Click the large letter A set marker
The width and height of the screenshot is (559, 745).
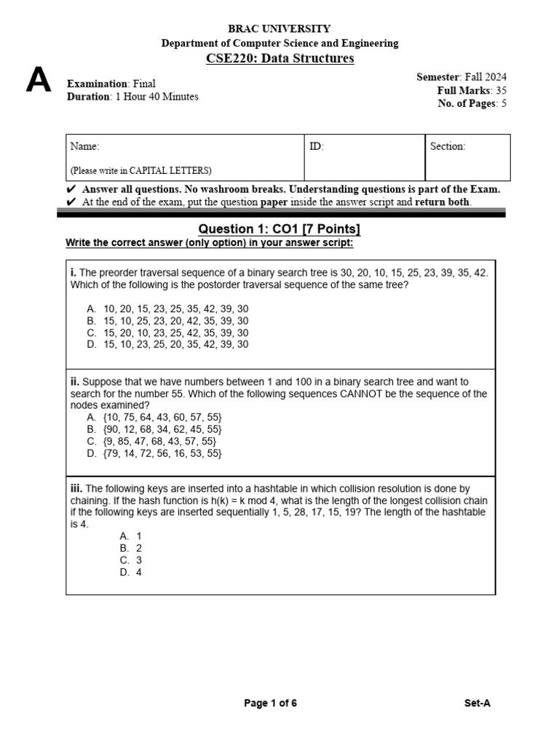(39, 81)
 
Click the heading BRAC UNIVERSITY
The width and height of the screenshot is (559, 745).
(279, 29)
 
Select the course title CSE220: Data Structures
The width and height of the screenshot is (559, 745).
(279, 58)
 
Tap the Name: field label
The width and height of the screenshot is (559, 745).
(84, 146)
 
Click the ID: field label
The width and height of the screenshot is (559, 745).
(317, 146)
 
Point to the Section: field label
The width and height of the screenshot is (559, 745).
(448, 146)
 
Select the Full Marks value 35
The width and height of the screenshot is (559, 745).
(501, 90)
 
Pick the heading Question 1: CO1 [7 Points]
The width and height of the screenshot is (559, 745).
(279, 229)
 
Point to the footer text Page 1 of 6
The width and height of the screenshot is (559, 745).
(270, 703)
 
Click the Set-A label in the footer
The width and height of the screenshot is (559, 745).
(477, 703)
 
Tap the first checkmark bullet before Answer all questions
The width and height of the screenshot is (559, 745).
(71, 189)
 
